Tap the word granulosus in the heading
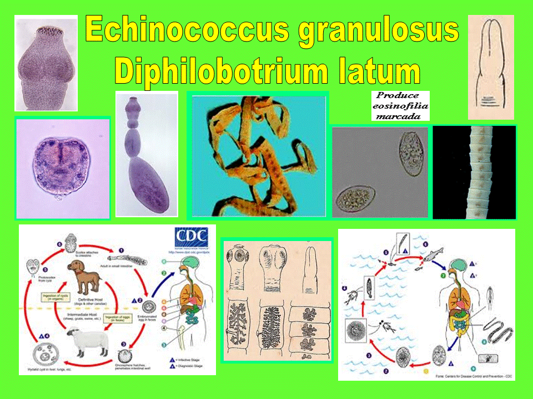click(x=379, y=30)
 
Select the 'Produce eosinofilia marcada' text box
click(x=400, y=105)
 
